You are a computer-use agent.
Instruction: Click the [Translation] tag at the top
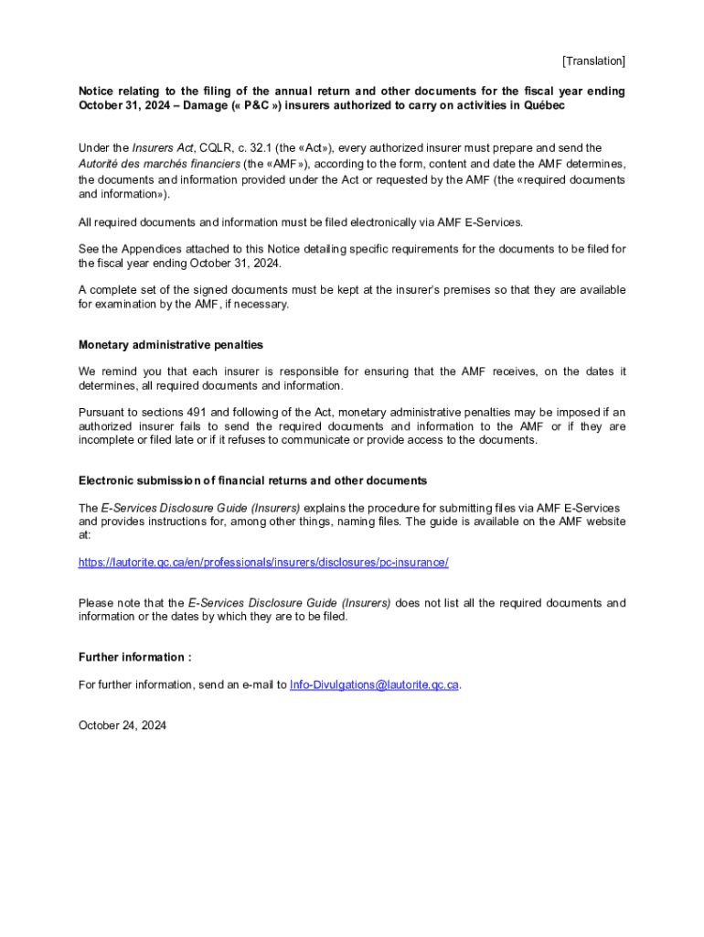coord(593,61)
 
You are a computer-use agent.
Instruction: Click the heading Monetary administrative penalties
coord(170,345)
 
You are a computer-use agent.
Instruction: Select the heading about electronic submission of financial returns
coord(252,480)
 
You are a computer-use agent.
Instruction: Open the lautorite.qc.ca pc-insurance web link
coord(263,562)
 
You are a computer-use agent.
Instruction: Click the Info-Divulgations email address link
coord(374,684)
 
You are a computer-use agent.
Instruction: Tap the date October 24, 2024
coord(123,726)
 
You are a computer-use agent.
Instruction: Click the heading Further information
coord(134,657)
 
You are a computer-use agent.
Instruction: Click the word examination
coord(129,304)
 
